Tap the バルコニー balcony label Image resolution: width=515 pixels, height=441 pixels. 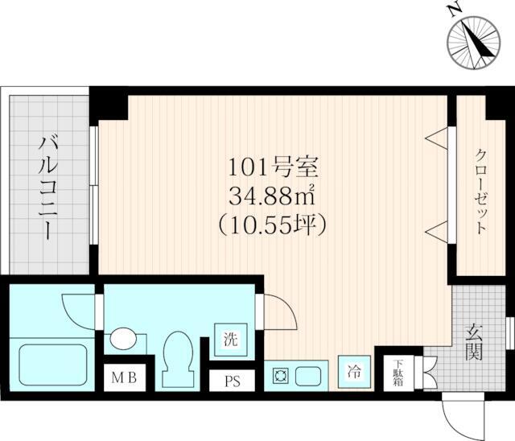48,188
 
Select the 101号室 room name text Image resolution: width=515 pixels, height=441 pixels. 274,167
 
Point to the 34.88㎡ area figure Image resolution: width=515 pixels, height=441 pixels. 273,196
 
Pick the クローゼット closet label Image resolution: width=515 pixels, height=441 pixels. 480,192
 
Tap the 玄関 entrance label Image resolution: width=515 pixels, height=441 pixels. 474,341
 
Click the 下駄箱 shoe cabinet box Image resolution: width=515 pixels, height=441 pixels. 399,373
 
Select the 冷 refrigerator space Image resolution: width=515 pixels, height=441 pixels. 355,372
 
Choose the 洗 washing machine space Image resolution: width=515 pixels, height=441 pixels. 231,340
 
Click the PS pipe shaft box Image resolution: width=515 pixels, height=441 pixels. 233,381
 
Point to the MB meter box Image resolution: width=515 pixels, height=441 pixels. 124,378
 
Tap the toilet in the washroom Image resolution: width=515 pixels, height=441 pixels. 178,360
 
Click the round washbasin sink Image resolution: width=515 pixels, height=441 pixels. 123,339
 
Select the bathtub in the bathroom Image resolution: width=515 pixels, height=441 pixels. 53,365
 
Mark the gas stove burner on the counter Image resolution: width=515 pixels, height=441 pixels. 280,377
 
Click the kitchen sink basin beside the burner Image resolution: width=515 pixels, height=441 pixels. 308,377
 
